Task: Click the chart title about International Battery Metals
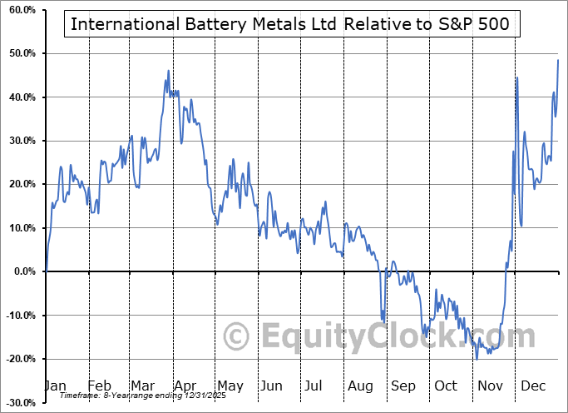click(292, 23)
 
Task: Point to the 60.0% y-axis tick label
click(19, 10)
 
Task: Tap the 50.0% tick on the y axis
click(19, 53)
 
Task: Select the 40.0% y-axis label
click(19, 97)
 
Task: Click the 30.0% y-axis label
click(19, 141)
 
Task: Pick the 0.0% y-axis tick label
click(22, 271)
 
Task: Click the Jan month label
click(56, 386)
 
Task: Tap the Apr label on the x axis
click(185, 386)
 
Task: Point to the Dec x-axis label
click(532, 386)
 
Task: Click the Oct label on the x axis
click(446, 386)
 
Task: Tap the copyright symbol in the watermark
click(238, 336)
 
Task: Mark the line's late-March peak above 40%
click(168, 71)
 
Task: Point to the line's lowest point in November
click(477, 358)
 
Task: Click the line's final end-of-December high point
click(557, 61)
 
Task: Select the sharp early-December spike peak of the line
click(517, 77)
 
